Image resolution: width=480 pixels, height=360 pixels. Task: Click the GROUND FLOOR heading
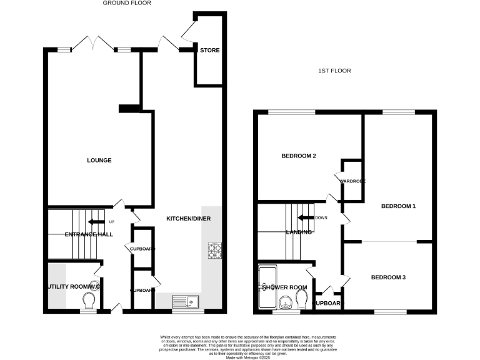127,3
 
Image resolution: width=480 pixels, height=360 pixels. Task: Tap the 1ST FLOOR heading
334,71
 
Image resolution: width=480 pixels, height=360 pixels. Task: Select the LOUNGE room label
99,161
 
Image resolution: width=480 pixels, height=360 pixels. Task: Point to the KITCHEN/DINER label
188,219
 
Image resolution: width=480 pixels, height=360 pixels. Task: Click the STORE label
209,50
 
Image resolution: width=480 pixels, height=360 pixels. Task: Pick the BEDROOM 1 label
398,206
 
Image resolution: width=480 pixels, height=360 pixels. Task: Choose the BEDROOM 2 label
298,156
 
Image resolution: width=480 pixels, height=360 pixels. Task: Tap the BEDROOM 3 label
388,277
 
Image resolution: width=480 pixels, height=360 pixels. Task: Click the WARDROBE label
352,181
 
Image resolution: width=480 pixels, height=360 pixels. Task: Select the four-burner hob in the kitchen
214,251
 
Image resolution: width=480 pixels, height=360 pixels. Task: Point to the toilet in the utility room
88,301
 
